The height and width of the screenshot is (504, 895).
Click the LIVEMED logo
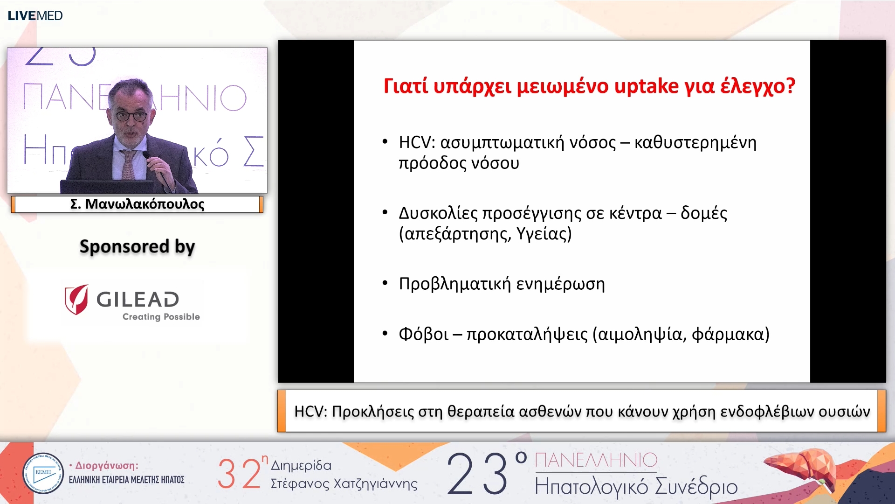click(35, 15)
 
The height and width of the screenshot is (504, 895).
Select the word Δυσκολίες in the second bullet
click(438, 213)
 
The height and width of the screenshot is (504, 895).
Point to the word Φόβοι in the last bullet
click(423, 334)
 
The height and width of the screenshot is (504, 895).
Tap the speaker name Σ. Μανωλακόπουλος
click(137, 204)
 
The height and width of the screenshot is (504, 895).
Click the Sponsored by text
click(137, 246)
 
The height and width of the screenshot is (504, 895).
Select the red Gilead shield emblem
click(76, 299)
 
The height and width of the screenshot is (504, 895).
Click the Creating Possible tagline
click(161, 317)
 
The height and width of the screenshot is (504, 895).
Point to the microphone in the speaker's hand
click(156, 168)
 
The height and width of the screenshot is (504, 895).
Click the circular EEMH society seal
click(43, 473)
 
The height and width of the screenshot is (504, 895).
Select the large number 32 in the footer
click(239, 474)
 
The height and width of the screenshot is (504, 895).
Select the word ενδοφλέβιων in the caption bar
click(764, 412)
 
